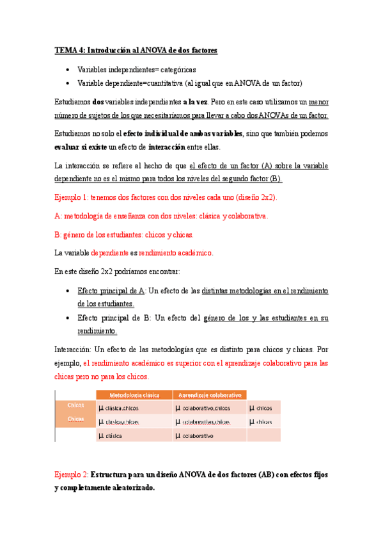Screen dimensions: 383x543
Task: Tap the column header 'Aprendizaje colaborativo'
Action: pos(209,395)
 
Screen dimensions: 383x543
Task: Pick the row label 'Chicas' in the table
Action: pos(76,419)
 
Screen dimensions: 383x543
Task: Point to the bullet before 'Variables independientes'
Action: pos(68,69)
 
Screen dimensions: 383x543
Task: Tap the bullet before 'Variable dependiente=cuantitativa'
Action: pos(68,83)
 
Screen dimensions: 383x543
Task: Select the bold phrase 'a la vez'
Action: pos(198,101)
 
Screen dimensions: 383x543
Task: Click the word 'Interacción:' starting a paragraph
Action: pos(74,350)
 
